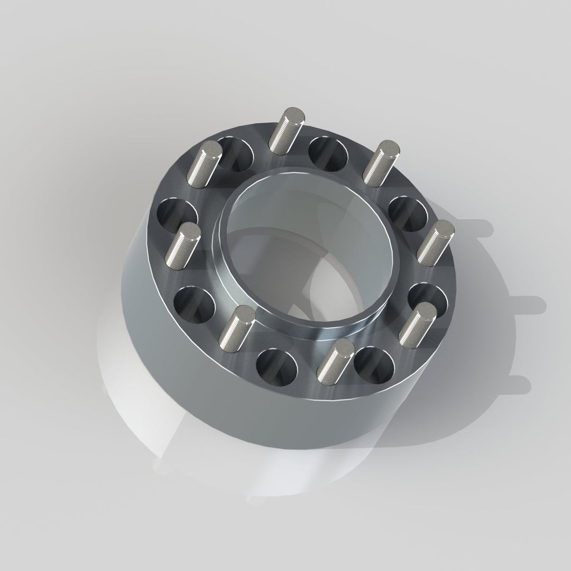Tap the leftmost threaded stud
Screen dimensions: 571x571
click(x=182, y=245)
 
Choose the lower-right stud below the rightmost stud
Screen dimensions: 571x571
click(x=418, y=324)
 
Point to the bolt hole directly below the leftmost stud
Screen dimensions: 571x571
click(x=195, y=305)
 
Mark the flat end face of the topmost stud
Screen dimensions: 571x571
click(x=292, y=114)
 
